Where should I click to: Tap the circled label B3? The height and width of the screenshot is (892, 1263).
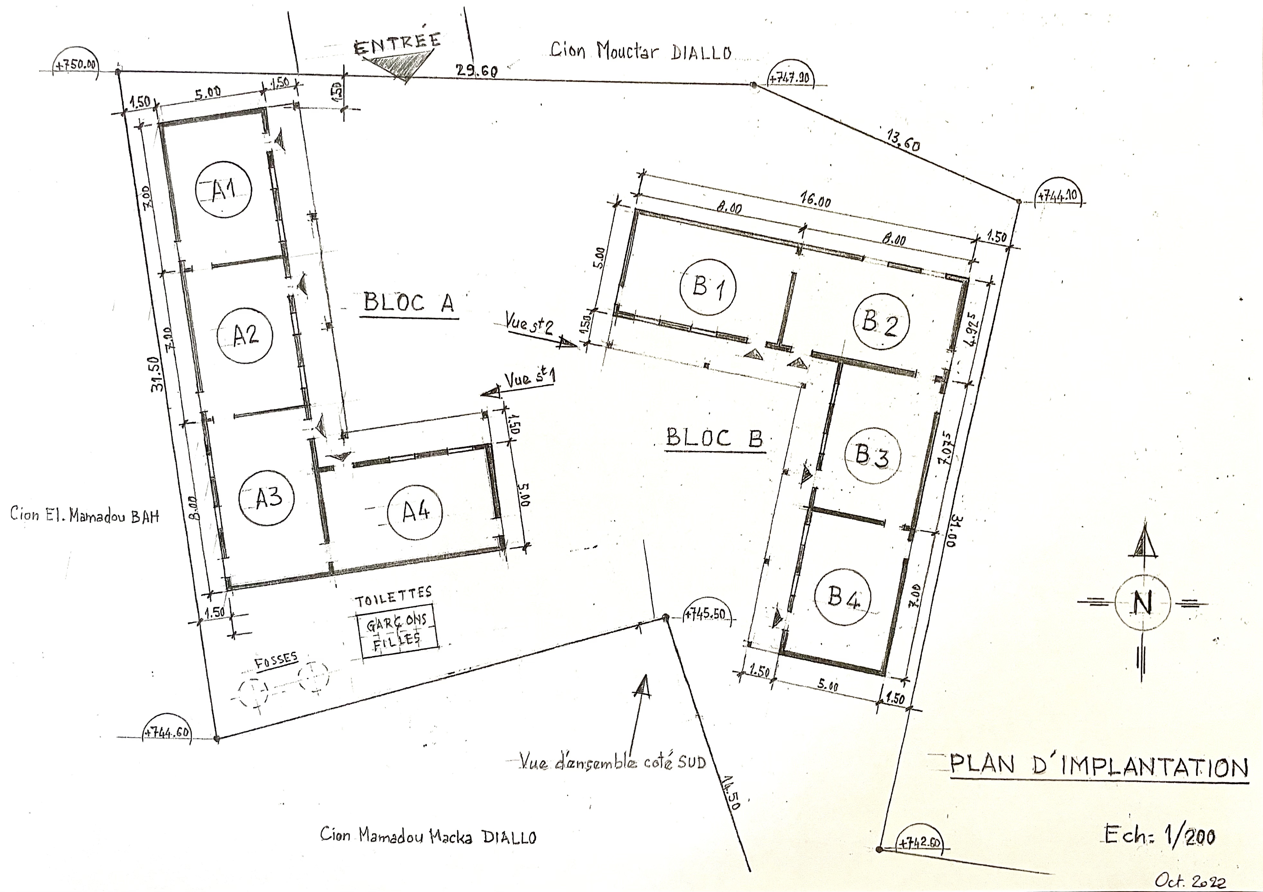point(872,456)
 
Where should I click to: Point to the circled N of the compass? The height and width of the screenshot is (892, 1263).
point(1142,603)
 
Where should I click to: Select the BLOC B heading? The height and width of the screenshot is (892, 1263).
point(714,438)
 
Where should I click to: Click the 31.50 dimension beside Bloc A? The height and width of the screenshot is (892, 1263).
point(157,374)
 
